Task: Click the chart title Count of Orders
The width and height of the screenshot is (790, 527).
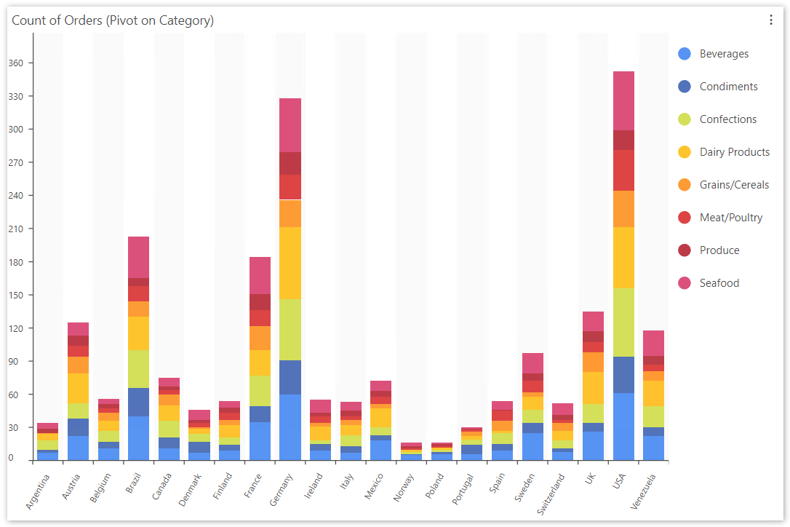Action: pyautogui.click(x=113, y=20)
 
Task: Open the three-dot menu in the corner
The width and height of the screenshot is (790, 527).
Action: pyautogui.click(x=771, y=20)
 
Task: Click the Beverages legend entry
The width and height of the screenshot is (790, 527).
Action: pyautogui.click(x=723, y=54)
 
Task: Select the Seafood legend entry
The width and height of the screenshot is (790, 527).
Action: pyautogui.click(x=719, y=283)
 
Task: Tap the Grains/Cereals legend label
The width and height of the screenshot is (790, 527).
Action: pyautogui.click(x=733, y=185)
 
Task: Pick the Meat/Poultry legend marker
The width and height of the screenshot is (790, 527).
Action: pyautogui.click(x=684, y=218)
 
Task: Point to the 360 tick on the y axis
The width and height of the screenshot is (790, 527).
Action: pyautogui.click(x=16, y=63)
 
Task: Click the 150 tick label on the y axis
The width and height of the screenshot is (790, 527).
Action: pyautogui.click(x=16, y=296)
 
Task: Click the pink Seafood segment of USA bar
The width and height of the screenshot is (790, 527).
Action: pyautogui.click(x=623, y=100)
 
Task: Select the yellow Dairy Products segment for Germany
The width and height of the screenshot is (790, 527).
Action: pyautogui.click(x=290, y=263)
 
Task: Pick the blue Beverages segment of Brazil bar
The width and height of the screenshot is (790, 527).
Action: pyautogui.click(x=138, y=438)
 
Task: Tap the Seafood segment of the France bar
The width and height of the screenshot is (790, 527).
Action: pyautogui.click(x=260, y=275)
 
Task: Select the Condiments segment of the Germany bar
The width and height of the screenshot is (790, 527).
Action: pyautogui.click(x=290, y=377)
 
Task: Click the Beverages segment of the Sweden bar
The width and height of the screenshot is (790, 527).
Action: pyautogui.click(x=532, y=446)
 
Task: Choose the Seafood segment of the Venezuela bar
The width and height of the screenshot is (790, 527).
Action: pyautogui.click(x=653, y=343)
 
